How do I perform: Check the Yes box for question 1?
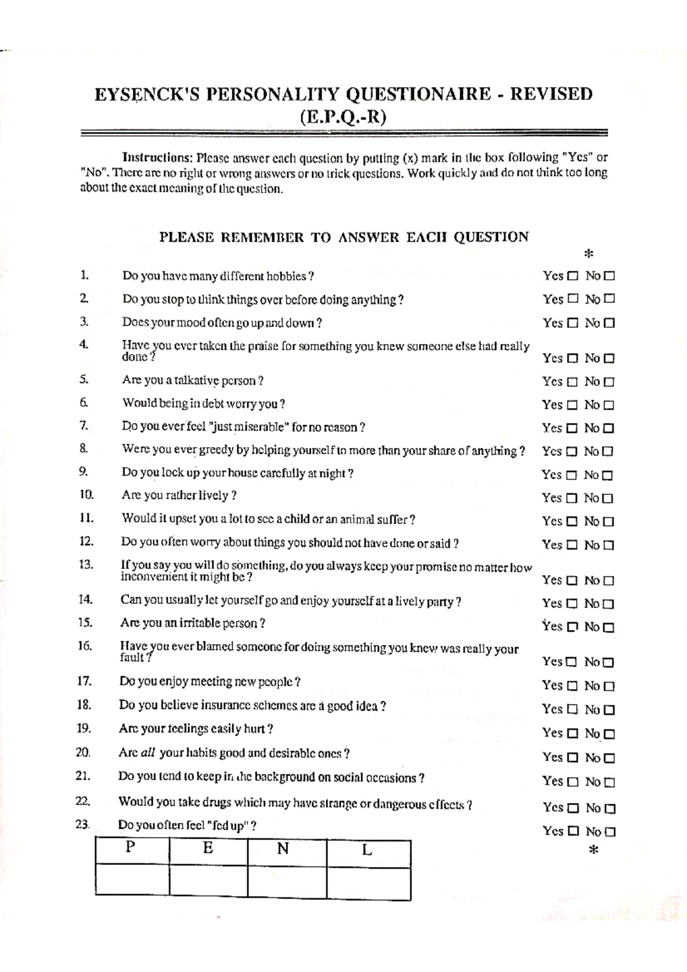(x=572, y=276)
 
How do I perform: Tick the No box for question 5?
(x=609, y=382)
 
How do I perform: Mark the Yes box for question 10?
(x=571, y=499)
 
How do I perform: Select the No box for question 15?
(x=609, y=627)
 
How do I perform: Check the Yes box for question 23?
(x=573, y=832)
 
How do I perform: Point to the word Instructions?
(x=156, y=157)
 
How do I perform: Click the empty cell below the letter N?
(x=287, y=880)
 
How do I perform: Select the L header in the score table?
(x=367, y=849)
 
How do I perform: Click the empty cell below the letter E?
(x=208, y=880)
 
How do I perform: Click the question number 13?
(x=86, y=564)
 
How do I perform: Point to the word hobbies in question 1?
(x=288, y=276)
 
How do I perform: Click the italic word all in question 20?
(x=148, y=753)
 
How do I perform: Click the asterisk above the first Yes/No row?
(x=588, y=254)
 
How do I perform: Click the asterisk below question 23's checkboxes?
(x=594, y=851)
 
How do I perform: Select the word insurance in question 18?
(x=234, y=705)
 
